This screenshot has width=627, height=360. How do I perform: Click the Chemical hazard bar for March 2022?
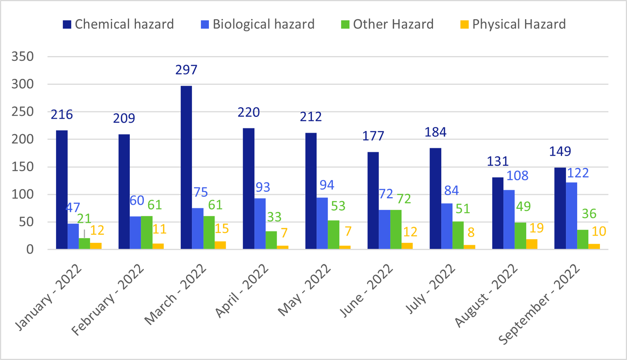(186, 167)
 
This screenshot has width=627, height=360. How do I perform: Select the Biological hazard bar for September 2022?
(571, 216)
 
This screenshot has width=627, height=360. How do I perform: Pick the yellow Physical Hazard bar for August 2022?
(532, 244)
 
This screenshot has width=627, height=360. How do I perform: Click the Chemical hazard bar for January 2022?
(62, 190)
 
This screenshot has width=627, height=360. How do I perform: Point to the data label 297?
(186, 70)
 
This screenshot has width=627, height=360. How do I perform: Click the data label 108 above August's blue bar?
(517, 176)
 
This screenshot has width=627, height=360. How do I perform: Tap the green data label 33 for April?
(274, 217)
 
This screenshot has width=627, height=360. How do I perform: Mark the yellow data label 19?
(536, 228)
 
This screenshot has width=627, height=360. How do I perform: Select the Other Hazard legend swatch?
(345, 25)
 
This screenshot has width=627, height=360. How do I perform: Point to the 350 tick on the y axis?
(22, 56)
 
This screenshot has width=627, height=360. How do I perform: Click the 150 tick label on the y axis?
(22, 167)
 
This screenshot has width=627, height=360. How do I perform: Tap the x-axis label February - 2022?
(108, 300)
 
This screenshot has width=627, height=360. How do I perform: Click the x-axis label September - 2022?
(539, 304)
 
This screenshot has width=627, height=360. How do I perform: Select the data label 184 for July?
(435, 132)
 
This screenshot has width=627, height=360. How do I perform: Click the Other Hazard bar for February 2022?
(147, 233)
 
